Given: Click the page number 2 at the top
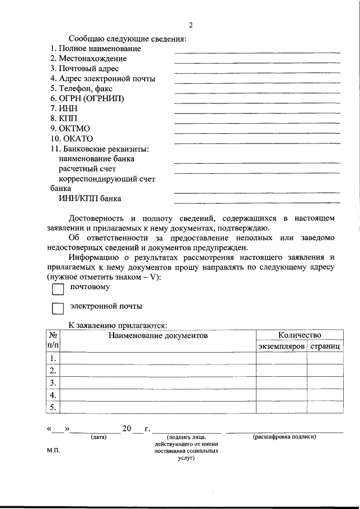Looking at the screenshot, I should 191,25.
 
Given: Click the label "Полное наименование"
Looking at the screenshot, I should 94,48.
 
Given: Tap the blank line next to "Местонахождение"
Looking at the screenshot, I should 257,62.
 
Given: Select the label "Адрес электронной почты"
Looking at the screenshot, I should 102,78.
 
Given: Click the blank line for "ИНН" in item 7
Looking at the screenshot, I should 257,112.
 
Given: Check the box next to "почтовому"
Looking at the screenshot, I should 58,289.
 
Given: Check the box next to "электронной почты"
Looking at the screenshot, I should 58,308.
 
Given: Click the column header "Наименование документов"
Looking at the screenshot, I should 158,336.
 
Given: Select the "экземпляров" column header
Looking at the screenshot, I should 281,346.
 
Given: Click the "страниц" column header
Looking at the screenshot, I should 325,346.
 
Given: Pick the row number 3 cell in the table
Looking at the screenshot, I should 52,383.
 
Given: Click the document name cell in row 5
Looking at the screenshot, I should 158,408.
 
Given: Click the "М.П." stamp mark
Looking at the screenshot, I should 53,451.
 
